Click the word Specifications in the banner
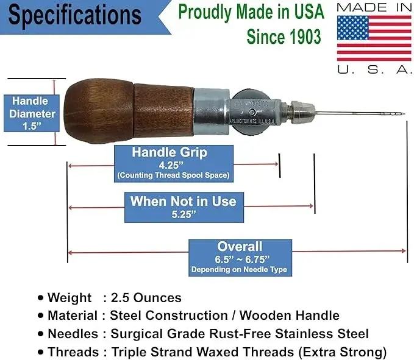point(75,15)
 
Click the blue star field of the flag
point(353,27)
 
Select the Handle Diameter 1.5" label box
point(32,113)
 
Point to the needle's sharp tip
point(404,114)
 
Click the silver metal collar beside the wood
point(212,112)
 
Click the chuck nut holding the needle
point(303,112)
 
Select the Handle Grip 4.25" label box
point(174,164)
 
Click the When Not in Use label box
point(184,207)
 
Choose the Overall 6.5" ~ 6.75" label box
point(240,258)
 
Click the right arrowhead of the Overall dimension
point(404,250)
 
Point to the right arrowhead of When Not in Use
point(312,206)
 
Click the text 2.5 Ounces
point(146,298)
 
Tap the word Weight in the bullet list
point(70,298)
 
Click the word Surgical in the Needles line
point(137,334)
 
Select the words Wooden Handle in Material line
point(290,316)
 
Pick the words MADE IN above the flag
point(374,7)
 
